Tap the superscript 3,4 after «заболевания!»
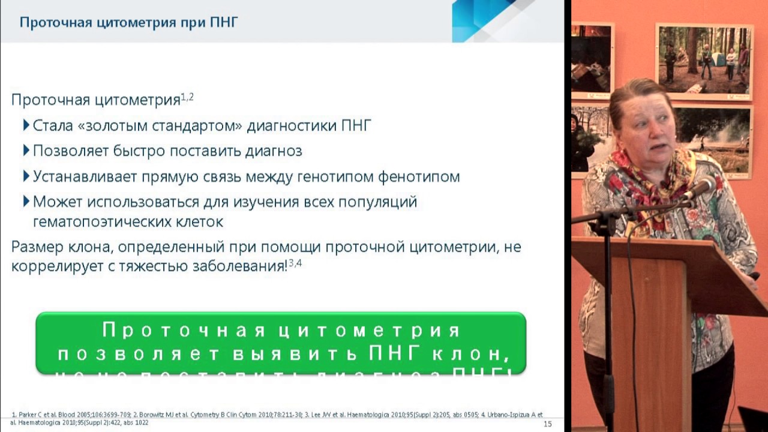295,263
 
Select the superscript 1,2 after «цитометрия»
187,97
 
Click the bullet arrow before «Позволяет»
26,150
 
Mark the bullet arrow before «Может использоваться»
26,201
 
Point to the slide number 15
547,424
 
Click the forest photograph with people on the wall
704,60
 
